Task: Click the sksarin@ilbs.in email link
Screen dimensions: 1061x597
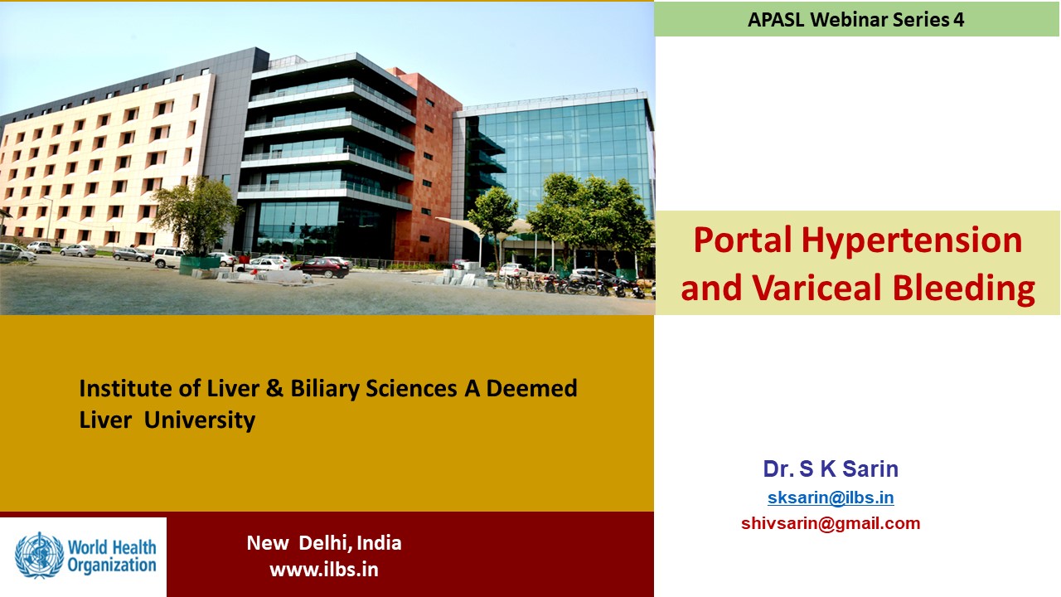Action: [x=831, y=498]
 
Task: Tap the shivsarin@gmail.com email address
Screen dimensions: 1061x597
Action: [x=831, y=523]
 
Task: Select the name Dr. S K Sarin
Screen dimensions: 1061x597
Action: [x=831, y=468]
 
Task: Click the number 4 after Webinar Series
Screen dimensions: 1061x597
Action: [x=959, y=19]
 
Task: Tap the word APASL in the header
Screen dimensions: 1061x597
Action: [x=776, y=19]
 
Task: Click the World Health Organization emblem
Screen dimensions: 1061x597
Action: [x=39, y=556]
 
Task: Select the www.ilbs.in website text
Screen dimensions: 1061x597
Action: [x=324, y=570]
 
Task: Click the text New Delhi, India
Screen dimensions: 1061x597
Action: [x=324, y=543]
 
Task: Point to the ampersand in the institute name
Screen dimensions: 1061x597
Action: [x=274, y=388]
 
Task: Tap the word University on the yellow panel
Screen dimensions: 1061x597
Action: [x=200, y=420]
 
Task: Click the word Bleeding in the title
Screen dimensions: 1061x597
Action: [x=964, y=289]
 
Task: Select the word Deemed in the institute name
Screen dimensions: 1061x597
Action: [x=531, y=388]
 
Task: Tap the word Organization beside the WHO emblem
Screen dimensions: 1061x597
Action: [x=112, y=565]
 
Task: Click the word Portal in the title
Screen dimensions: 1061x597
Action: [x=744, y=240]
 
